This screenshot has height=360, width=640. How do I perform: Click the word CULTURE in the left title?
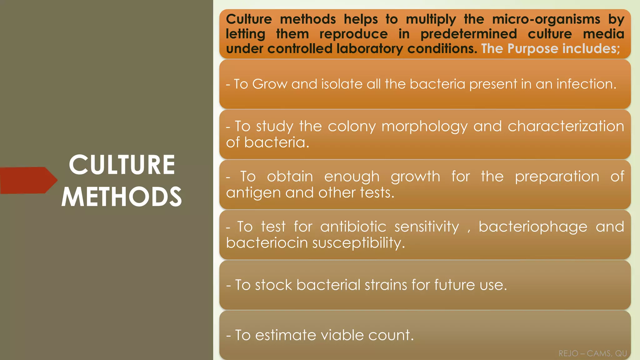[122, 165]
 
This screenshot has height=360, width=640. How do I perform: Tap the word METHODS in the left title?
[122, 197]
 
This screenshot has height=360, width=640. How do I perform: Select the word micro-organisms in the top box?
[546, 19]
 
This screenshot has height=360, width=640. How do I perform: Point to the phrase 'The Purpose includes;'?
[550, 49]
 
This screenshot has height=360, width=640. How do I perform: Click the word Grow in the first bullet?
[269, 84]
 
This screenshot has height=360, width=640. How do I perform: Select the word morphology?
[424, 127]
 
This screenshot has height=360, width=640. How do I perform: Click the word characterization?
[566, 126]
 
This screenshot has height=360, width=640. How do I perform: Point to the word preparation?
[557, 177]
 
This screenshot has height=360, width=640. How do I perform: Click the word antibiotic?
[353, 227]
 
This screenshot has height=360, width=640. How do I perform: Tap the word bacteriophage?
[533, 227]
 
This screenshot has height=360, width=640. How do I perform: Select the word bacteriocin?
[267, 243]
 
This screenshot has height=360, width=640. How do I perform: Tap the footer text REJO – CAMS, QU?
[592, 353]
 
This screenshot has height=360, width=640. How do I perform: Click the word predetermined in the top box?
[468, 34]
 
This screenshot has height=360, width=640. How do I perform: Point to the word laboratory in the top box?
[370, 49]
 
